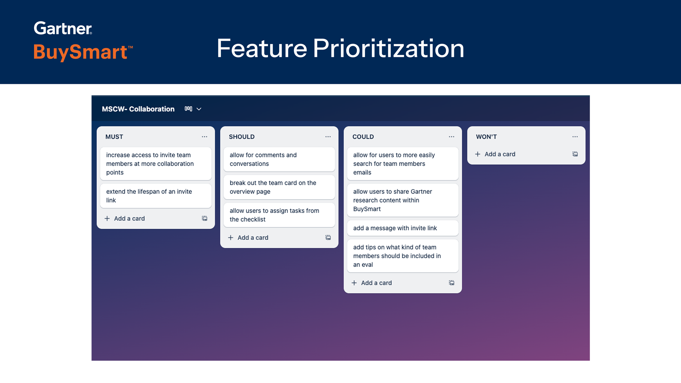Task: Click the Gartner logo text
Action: click(63, 28)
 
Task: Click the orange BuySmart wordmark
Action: click(80, 52)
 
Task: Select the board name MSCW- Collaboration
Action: click(138, 109)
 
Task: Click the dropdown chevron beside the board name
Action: click(199, 109)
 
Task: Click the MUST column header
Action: click(114, 137)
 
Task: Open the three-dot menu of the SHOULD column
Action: click(328, 137)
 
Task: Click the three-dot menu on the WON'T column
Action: click(575, 137)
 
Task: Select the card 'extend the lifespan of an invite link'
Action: click(156, 196)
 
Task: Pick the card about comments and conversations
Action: click(279, 159)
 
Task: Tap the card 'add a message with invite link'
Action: click(403, 228)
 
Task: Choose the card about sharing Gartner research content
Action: click(403, 200)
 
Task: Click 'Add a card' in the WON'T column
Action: click(500, 154)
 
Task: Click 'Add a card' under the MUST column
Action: click(129, 218)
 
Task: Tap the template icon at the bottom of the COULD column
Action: click(451, 283)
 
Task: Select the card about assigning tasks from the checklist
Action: click(279, 215)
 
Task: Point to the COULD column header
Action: click(363, 137)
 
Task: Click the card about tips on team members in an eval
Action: click(403, 256)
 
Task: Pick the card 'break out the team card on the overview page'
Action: click(279, 187)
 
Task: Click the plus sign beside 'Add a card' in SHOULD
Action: click(231, 238)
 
